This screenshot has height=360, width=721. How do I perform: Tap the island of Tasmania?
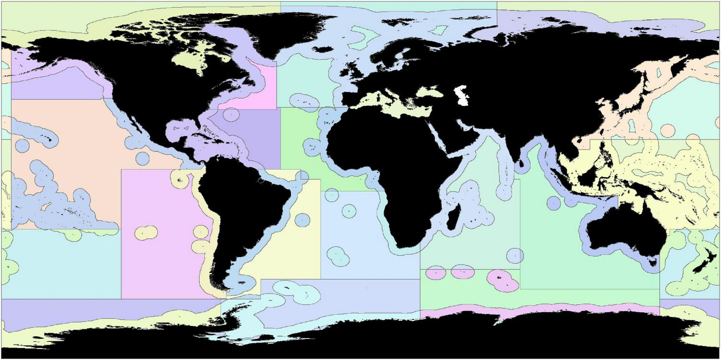tap(652, 262)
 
